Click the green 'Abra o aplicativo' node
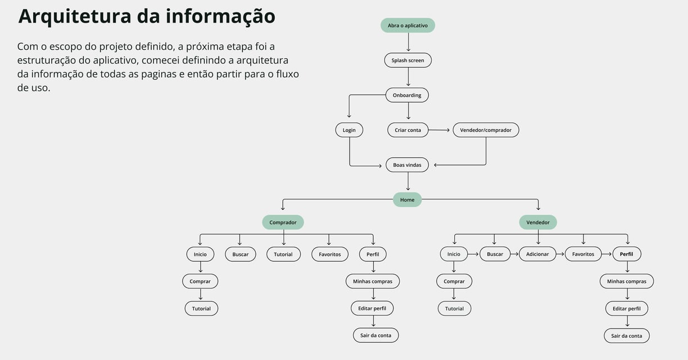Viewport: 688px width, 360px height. click(x=408, y=25)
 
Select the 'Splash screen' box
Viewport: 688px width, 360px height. click(x=408, y=60)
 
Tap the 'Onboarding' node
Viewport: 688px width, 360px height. click(x=407, y=95)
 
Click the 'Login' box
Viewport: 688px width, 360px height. click(x=349, y=130)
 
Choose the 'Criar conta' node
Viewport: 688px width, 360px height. click(x=408, y=130)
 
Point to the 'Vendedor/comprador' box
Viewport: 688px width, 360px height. click(x=486, y=130)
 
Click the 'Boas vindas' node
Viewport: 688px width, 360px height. click(x=407, y=165)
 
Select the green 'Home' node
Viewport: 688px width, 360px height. click(x=407, y=200)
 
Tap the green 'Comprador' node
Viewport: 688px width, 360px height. click(x=283, y=222)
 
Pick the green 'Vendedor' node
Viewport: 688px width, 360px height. click(x=538, y=222)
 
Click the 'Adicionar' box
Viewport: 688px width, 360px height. click(x=537, y=254)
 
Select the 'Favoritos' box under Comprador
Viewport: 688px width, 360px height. click(x=329, y=254)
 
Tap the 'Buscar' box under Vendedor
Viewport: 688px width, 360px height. click(x=495, y=254)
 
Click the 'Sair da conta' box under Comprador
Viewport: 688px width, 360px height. click(x=375, y=335)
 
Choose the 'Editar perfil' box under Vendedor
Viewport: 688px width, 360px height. click(x=627, y=308)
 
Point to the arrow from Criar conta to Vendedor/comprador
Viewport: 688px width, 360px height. click(x=440, y=130)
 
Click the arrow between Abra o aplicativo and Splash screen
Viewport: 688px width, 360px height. click(x=408, y=43)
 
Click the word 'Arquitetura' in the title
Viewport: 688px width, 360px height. click(x=75, y=16)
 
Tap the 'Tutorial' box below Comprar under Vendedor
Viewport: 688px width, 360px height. click(x=454, y=308)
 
